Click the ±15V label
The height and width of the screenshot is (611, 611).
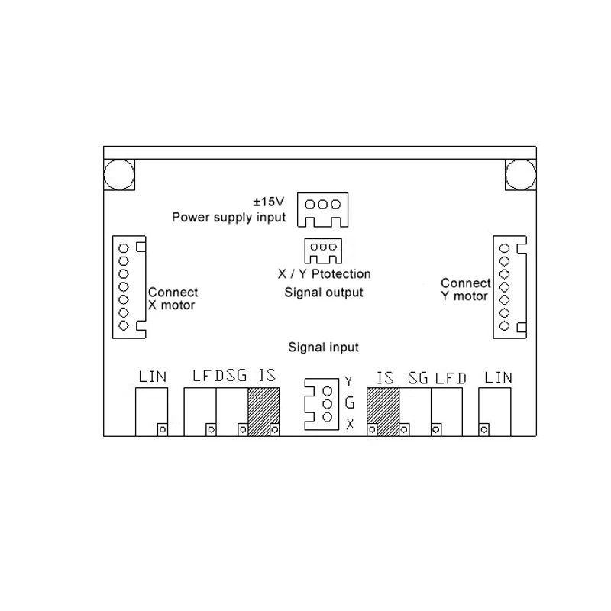pos(269,202)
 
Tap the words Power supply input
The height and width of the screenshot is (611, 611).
pos(228,217)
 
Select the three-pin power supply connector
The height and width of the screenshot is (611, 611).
pos(322,209)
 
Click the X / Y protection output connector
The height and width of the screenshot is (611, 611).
pos(323,251)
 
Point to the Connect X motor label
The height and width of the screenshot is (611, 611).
pos(173,299)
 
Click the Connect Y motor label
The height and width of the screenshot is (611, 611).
pos(465,289)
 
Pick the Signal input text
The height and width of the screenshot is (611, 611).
pos(323,348)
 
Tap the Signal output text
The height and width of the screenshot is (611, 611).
pos(324,293)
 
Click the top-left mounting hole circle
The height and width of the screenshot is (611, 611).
pos(119,175)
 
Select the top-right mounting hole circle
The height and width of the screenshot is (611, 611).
pos(521,175)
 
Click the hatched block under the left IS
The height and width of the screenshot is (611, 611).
pos(263,412)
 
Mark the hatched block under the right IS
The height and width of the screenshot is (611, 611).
pos(383,412)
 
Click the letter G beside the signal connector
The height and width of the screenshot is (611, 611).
pos(350,402)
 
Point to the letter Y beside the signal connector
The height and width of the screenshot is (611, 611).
pos(348,382)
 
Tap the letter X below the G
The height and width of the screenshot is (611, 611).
pos(350,424)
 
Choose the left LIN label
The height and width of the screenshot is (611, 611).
pos(152,377)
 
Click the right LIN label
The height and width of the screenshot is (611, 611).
pos(498,377)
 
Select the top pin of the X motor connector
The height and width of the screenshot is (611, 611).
pos(124,248)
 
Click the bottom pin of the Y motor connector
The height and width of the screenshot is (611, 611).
pos(504,326)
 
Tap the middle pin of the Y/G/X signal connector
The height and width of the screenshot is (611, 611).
pos(328,404)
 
